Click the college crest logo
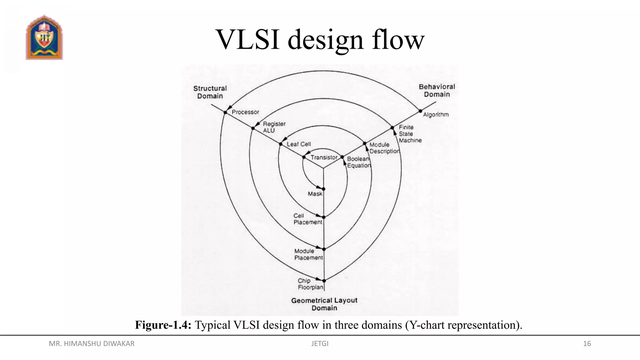(44, 37)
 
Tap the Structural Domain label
(210, 92)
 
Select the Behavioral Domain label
(437, 90)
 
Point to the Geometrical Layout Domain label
(324, 304)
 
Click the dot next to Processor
(225, 112)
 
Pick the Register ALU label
(274, 127)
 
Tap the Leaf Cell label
(299, 144)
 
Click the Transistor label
(324, 157)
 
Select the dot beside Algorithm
(420, 111)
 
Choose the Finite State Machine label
(410, 134)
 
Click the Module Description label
(384, 148)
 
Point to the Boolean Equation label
(358, 162)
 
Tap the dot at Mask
(323, 189)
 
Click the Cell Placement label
(307, 219)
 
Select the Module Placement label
(308, 254)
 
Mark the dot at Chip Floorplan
(324, 281)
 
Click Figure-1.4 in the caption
(163, 325)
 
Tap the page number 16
(587, 344)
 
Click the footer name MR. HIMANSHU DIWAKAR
(92, 344)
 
